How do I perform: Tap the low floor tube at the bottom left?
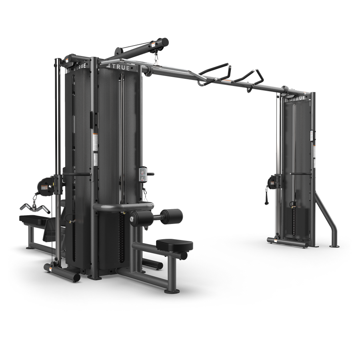pos(62,272)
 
